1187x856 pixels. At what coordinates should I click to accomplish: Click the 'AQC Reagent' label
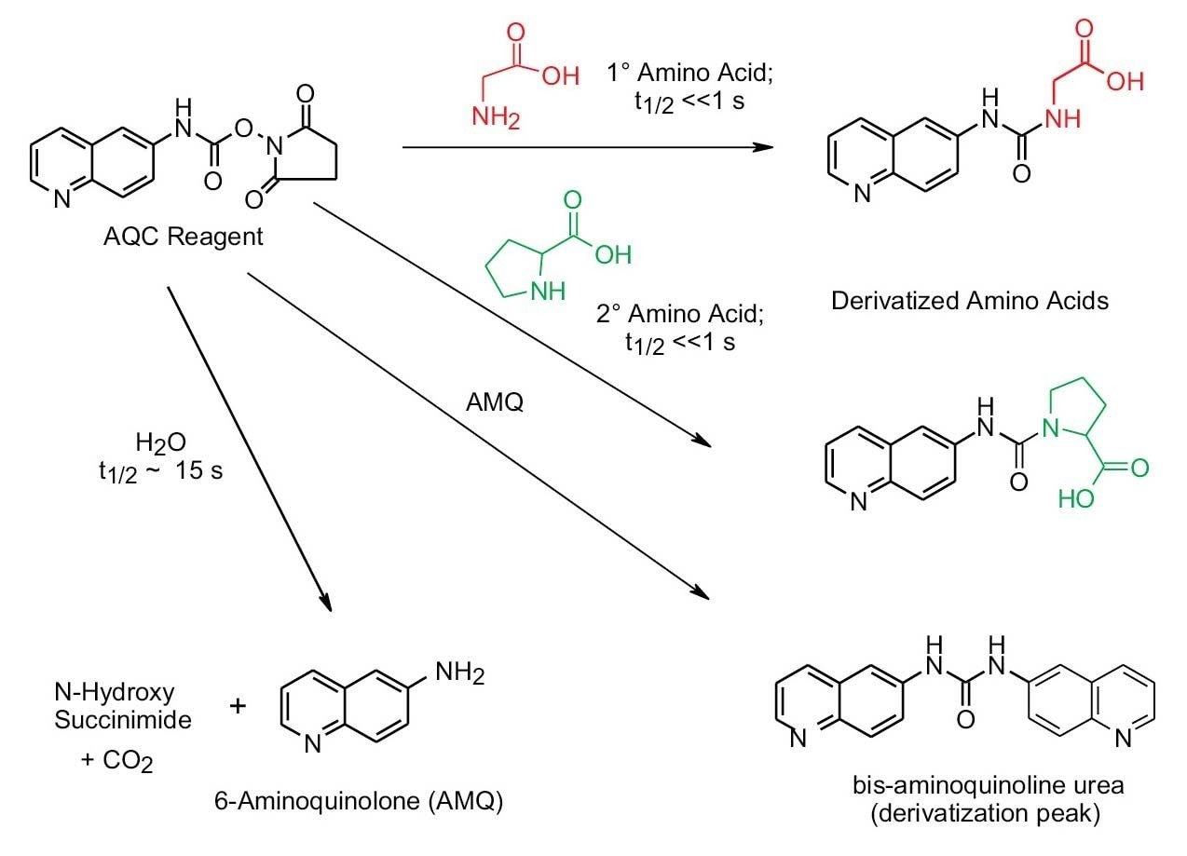pos(184,237)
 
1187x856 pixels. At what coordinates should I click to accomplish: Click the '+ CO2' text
pos(116,762)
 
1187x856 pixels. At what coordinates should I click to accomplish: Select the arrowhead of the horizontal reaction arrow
pos(765,147)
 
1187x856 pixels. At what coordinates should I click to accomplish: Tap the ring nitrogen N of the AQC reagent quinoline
pos(61,197)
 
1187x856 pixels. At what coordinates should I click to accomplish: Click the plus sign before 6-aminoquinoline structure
pos(238,705)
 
